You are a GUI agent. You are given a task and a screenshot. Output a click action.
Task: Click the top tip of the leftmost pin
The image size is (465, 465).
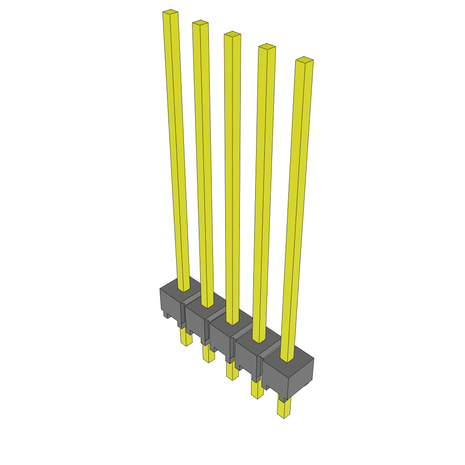170,12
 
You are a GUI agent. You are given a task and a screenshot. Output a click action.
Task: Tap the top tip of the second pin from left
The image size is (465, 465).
200,23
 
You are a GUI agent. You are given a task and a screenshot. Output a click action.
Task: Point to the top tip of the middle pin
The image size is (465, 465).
232,34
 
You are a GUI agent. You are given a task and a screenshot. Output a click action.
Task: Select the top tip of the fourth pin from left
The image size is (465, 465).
267,47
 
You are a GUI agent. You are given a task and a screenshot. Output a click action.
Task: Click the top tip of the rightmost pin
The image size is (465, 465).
304,59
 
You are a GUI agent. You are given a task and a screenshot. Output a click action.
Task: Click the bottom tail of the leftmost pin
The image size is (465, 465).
186,338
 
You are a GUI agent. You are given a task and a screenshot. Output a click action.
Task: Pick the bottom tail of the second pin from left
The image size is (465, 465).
208,354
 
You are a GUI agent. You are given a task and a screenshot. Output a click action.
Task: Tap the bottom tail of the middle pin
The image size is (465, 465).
232,371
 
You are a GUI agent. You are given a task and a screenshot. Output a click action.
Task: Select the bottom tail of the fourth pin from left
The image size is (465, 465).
257,390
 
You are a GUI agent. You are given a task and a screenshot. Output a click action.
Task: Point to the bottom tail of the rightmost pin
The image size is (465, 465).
284,409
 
